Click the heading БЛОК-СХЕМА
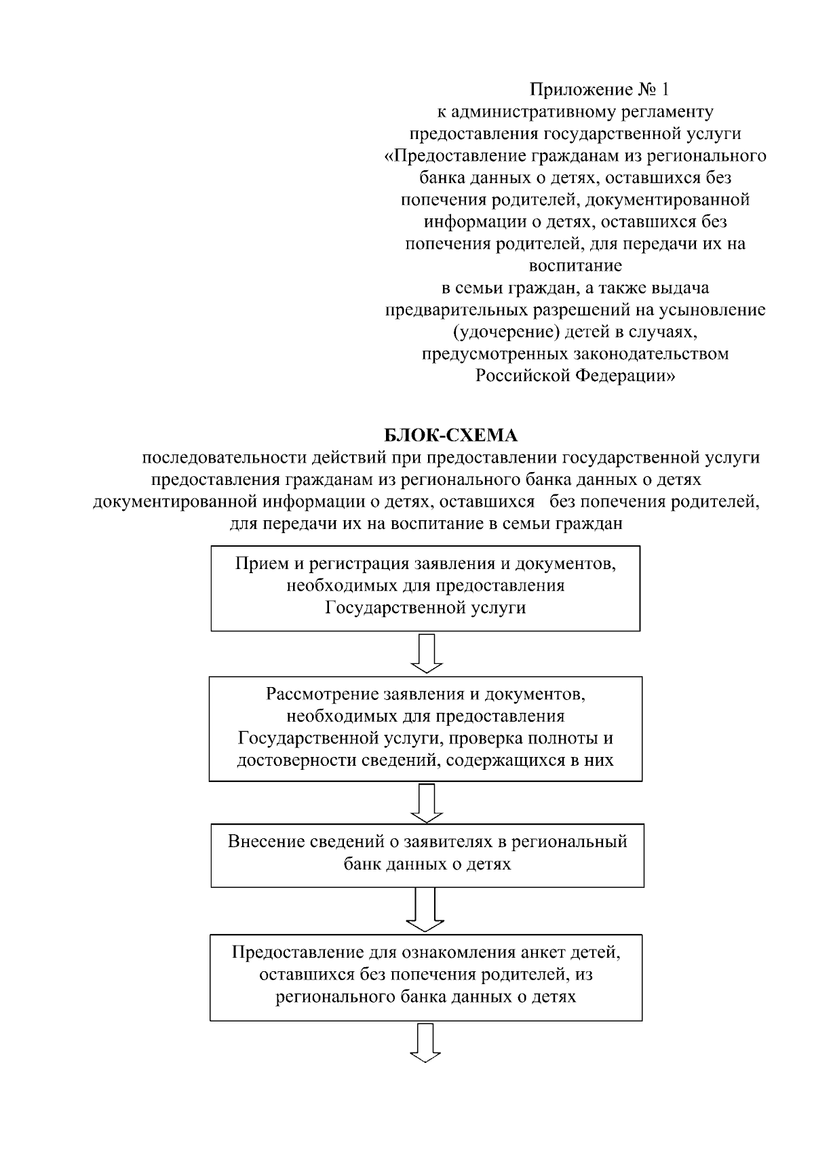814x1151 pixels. (x=450, y=435)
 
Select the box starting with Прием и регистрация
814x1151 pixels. (x=425, y=588)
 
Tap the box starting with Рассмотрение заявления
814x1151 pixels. (x=425, y=728)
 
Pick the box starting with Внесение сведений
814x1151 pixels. (x=427, y=855)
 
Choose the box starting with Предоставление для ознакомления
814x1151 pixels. (x=426, y=977)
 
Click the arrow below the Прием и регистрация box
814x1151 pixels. (x=427, y=653)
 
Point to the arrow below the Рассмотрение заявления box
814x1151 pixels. (x=427, y=803)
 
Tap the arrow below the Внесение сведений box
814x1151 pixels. (x=425, y=910)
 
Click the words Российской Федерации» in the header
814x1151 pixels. (x=575, y=375)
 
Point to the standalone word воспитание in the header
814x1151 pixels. (x=575, y=266)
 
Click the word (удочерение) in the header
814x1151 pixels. (x=493, y=332)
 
